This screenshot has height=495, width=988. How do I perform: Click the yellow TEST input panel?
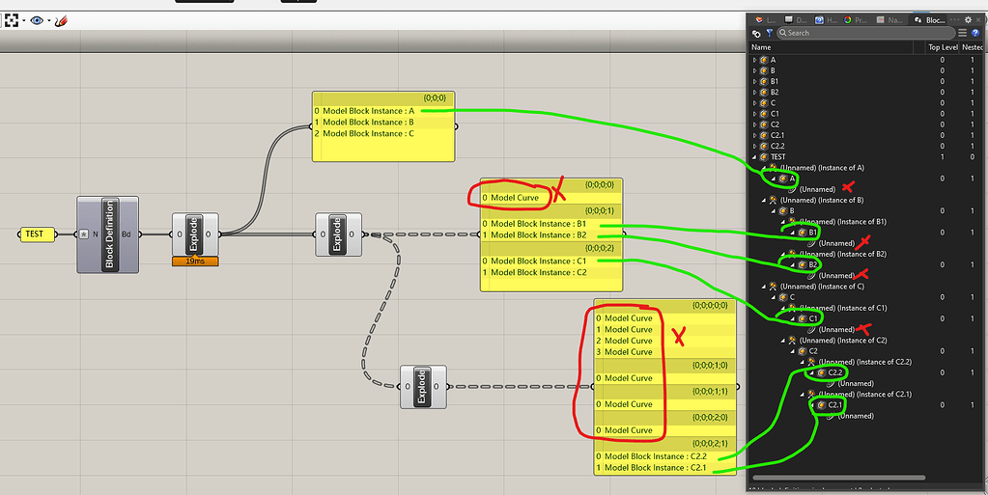click(x=38, y=234)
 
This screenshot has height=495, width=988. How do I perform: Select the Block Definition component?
click(x=108, y=234)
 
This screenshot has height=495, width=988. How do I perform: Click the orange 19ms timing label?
click(x=195, y=261)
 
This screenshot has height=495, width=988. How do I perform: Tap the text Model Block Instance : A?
click(x=368, y=111)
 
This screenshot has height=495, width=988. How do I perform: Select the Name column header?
click(x=762, y=47)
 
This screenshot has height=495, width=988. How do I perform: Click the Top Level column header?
click(x=942, y=47)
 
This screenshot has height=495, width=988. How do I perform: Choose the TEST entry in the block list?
click(x=778, y=157)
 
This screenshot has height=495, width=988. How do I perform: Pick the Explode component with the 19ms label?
click(x=194, y=234)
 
